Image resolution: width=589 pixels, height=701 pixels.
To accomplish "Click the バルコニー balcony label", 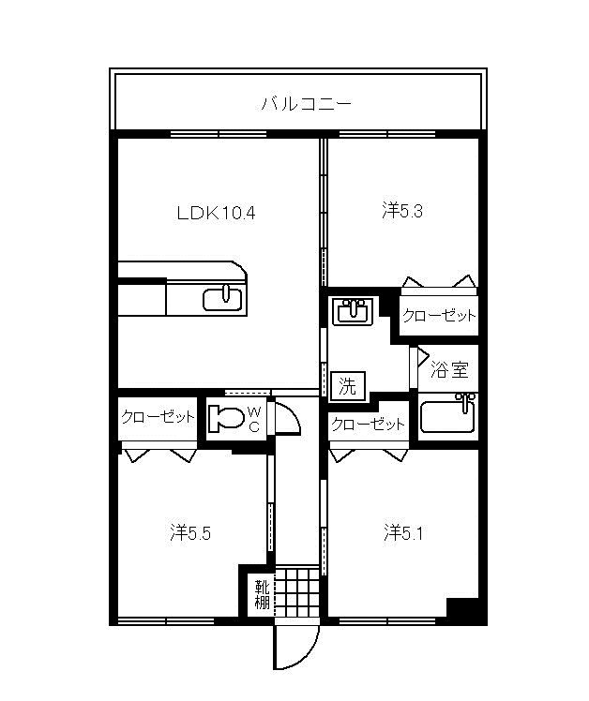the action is tap(307, 105).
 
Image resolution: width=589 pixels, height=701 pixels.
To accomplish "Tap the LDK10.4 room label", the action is tap(216, 214).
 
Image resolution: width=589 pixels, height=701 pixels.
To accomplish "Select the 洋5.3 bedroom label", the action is tap(402, 211).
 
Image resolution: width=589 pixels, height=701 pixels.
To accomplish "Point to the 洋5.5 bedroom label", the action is tap(190, 533).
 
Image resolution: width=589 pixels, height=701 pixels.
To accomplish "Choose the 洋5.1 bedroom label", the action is tap(403, 533).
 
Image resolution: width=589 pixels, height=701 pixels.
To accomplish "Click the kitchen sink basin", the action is tap(223, 299).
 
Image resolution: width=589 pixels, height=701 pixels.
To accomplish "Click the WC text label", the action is tap(254, 419).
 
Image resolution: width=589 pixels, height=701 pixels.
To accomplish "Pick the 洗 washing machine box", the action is tap(348, 386).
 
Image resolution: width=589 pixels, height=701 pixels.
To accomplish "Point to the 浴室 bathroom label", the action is tap(449, 370).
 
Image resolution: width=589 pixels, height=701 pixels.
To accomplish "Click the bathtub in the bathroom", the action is tap(448, 416).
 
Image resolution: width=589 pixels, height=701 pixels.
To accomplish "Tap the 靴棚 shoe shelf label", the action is tap(262, 594).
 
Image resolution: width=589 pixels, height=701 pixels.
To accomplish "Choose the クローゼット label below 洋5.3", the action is tap(439, 316).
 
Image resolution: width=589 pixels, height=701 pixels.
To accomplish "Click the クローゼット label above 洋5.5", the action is tap(158, 417).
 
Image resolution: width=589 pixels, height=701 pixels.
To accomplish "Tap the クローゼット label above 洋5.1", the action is tap(368, 424).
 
